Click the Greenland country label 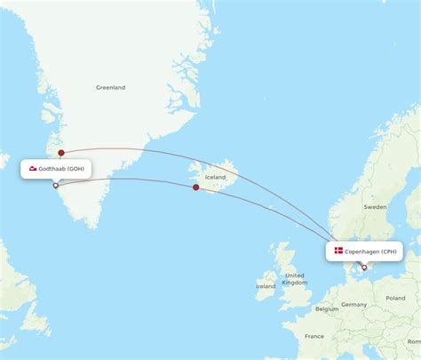pos(111,87)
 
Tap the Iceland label pos(216,178)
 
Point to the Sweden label pos(376,206)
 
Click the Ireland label pos(266,286)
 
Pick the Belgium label pos(327,308)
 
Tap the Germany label pos(353,304)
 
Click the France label pos(314,337)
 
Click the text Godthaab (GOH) pos(62,169)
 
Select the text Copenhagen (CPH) pos(371,252)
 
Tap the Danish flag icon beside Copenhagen pos(338,252)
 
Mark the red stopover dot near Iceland pos(195,187)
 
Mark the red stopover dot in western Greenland pos(60,153)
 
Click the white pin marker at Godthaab pos(56,186)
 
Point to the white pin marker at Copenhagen pos(364,267)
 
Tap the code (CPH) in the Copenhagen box pos(389,252)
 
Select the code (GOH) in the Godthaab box pos(77,169)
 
